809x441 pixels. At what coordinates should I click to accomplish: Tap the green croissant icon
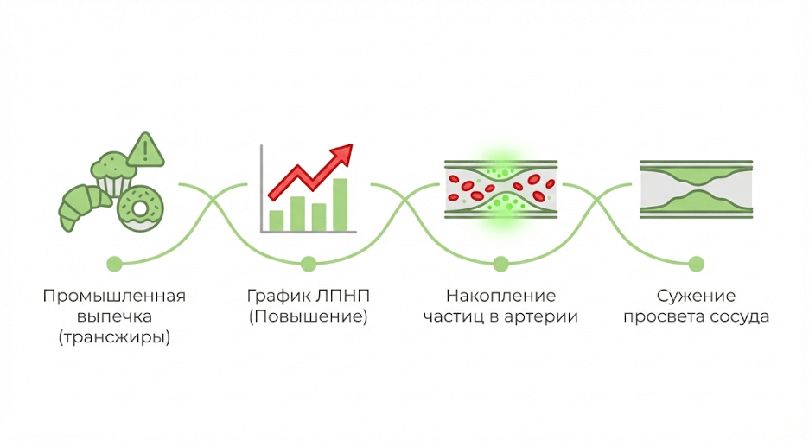[x=81, y=204]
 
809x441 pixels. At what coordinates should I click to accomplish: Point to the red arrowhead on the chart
[x=343, y=155]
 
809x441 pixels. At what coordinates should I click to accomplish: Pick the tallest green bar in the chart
[x=340, y=204]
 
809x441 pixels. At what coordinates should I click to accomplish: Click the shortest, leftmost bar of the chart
[x=277, y=220]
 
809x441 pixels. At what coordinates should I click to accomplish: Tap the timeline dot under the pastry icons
[x=113, y=263]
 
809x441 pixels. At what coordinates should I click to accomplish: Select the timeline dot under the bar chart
[x=308, y=263]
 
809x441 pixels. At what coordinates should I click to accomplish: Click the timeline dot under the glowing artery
[x=500, y=263]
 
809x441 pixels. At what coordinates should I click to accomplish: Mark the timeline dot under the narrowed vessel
[x=696, y=263]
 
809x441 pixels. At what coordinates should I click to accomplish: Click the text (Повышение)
[x=308, y=317]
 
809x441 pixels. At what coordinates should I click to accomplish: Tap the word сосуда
[x=740, y=317]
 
